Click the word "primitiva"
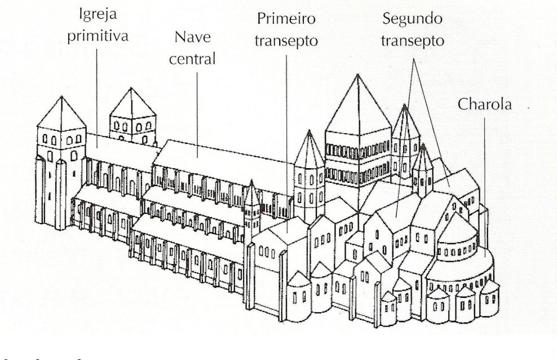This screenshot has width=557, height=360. coord(98,36)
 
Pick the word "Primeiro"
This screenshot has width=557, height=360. coord(286,19)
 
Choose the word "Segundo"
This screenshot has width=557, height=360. coord(412,19)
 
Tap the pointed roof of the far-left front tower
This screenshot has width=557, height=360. coord(60,113)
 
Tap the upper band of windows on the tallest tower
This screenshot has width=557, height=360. coord(359,151)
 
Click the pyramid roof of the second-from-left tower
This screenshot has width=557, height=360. coord(132,104)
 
